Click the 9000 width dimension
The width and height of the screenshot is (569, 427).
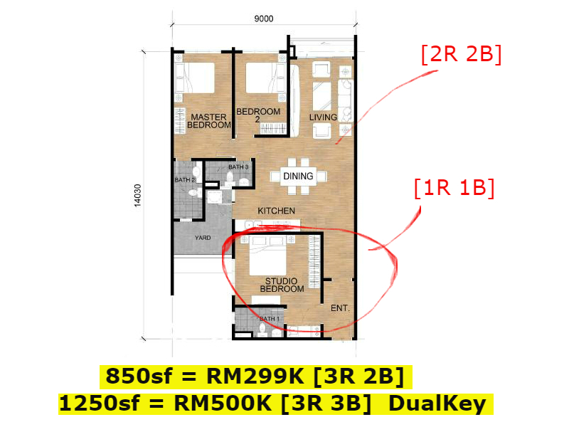(263, 19)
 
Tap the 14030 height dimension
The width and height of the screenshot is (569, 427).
(137, 196)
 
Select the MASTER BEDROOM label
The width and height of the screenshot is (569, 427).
(209, 121)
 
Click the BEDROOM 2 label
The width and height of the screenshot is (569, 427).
(258, 115)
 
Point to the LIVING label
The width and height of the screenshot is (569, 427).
(323, 117)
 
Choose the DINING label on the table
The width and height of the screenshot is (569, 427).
(298, 176)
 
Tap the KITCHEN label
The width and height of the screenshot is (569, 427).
(276, 211)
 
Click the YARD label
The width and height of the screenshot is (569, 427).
(203, 238)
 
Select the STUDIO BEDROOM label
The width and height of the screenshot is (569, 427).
(282, 285)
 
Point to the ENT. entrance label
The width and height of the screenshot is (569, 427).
(340, 308)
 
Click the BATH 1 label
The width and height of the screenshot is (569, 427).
(270, 319)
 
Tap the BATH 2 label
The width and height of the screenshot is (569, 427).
(185, 180)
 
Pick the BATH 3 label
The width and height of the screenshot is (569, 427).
(238, 167)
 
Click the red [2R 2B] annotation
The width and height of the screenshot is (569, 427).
(462, 55)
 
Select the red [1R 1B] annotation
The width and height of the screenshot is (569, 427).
(454, 188)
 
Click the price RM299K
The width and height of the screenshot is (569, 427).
(255, 376)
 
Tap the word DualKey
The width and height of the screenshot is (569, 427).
(437, 404)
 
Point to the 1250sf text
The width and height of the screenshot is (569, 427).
(99, 404)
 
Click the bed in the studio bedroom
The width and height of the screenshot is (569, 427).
(268, 255)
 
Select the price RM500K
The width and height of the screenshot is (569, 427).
(223, 404)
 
